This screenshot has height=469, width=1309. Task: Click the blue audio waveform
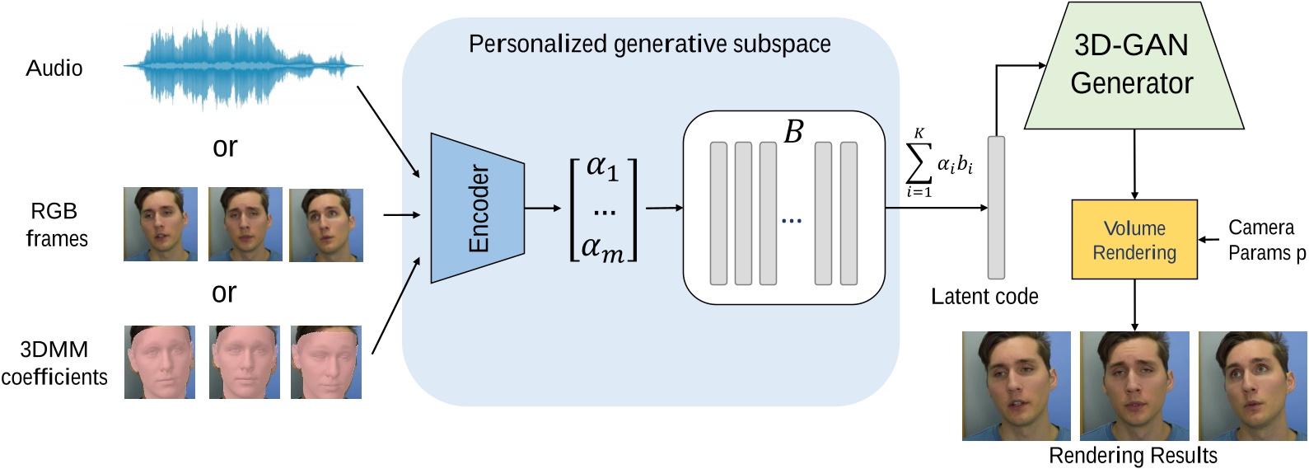click(x=243, y=66)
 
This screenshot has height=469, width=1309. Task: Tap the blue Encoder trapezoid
click(x=477, y=209)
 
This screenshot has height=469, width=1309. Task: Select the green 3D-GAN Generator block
click(x=1133, y=66)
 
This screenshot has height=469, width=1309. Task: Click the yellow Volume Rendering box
click(x=1134, y=240)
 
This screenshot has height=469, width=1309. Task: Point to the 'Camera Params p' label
click(x=1265, y=240)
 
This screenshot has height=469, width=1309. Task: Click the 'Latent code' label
click(x=984, y=297)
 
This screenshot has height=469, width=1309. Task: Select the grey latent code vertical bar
click(x=997, y=208)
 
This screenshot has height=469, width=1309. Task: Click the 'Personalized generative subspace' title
click(x=649, y=44)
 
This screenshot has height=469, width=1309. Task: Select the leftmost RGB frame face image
click(x=161, y=224)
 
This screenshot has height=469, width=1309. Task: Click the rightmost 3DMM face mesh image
click(x=326, y=363)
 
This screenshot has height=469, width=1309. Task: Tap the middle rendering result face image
click(x=1134, y=386)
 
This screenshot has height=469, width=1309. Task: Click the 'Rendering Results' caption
click(x=1133, y=456)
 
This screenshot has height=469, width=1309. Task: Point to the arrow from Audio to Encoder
click(x=389, y=130)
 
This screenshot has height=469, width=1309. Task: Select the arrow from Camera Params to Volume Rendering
click(x=1208, y=240)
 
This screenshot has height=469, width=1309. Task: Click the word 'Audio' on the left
click(x=54, y=68)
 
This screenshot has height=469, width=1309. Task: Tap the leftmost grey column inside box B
click(x=718, y=213)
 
